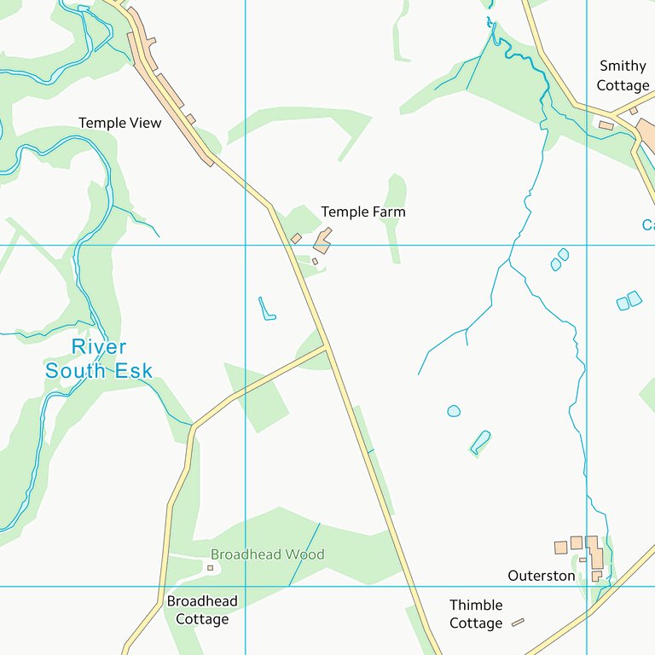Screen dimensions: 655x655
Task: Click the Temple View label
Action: click(x=119, y=123)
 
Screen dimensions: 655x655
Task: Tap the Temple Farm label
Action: click(x=362, y=212)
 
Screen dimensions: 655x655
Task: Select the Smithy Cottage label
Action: click(x=623, y=75)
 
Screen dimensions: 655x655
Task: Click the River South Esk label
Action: click(x=99, y=358)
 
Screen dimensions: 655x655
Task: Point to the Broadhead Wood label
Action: click(x=267, y=554)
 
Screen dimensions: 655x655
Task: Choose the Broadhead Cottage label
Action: click(x=202, y=610)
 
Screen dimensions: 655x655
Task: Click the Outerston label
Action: click(x=542, y=576)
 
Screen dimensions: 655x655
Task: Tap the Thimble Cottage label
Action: click(x=476, y=614)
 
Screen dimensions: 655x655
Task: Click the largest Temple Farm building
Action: click(x=322, y=240)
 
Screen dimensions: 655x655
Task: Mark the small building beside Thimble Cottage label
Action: click(x=518, y=623)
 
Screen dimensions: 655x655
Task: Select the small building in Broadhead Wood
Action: click(x=210, y=567)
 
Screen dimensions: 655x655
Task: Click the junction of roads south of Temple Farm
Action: click(x=327, y=347)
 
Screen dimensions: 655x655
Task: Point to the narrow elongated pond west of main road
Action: click(x=266, y=309)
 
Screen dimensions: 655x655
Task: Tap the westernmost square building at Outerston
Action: click(x=560, y=547)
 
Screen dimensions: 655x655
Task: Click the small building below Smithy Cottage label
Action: click(x=606, y=125)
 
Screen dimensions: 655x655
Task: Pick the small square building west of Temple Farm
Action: click(x=296, y=239)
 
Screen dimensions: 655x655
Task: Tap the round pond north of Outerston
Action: click(x=454, y=411)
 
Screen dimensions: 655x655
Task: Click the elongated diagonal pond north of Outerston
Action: click(x=480, y=442)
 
